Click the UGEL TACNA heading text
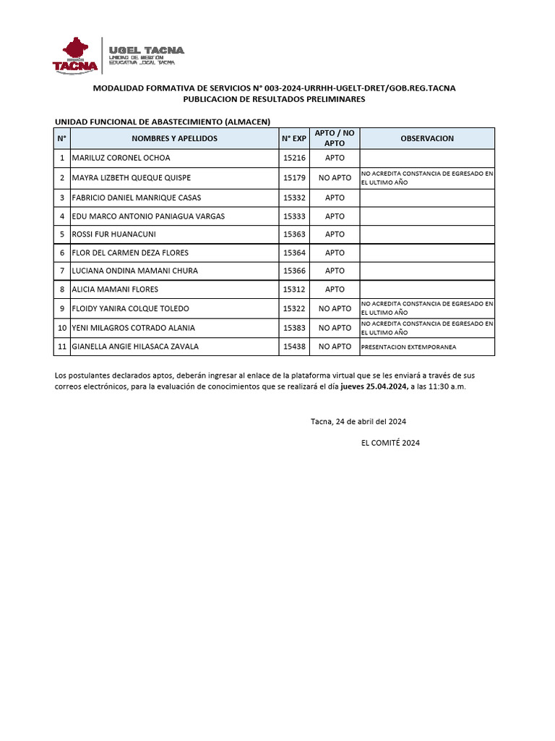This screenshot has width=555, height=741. (146, 50)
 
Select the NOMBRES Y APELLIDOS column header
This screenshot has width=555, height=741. (174, 138)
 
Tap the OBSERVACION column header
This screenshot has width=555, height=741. (427, 138)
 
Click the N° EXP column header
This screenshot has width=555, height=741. (294, 138)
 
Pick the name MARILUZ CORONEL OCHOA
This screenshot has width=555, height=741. (121, 158)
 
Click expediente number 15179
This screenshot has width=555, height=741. (294, 178)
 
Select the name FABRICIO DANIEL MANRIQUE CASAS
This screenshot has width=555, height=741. (136, 198)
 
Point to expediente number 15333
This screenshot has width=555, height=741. (294, 216)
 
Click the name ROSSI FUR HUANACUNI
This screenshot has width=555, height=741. (113, 234)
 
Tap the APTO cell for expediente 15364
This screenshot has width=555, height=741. (335, 253)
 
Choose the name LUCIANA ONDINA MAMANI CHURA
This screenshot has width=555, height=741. (134, 271)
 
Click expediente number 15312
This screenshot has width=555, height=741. (294, 289)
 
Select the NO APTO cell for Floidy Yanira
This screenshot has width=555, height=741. (335, 308)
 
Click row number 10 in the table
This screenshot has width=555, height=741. (61, 328)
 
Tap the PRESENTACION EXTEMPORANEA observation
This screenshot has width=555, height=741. (408, 347)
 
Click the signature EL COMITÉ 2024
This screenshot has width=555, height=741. (390, 442)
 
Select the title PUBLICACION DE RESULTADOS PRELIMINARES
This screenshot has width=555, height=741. (274, 99)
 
